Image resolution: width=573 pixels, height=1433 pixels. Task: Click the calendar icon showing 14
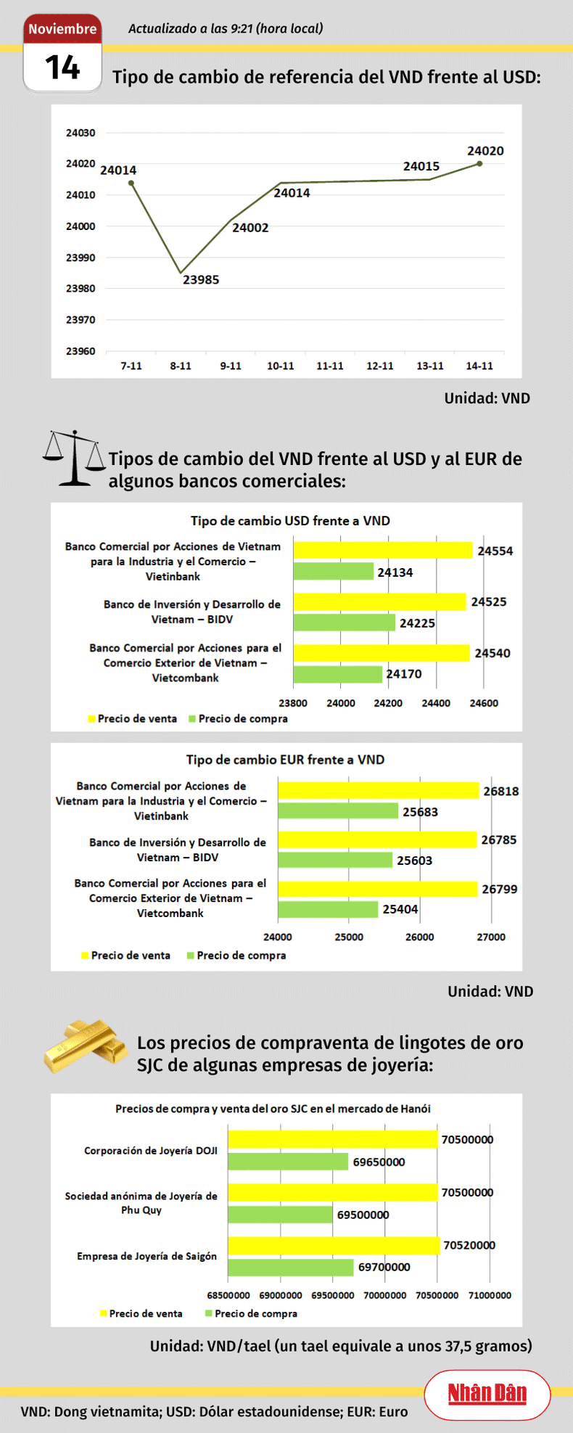click(62, 54)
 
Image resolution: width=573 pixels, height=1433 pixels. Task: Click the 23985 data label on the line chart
click(201, 280)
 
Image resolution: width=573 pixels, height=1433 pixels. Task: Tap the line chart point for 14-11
click(479, 164)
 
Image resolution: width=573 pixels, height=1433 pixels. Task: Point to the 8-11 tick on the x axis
click(181, 366)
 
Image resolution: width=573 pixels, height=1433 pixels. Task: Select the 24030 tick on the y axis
click(81, 134)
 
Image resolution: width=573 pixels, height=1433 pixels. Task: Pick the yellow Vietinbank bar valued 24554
click(383, 551)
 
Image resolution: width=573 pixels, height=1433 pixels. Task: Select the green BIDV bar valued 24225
click(345, 623)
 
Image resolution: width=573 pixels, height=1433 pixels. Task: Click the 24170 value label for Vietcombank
click(404, 674)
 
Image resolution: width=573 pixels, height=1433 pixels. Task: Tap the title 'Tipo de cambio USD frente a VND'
click(290, 521)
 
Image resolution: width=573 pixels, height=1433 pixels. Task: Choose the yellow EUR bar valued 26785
click(377, 840)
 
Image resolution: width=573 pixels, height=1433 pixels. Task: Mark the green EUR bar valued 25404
click(328, 909)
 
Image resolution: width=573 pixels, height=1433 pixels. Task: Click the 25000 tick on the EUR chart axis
click(349, 937)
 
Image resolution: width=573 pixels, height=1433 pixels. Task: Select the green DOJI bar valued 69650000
click(289, 1162)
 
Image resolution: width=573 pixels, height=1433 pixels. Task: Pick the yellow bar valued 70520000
click(334, 1245)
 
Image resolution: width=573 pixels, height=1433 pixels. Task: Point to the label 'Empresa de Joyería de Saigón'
click(147, 1257)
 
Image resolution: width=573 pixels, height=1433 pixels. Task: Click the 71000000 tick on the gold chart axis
click(490, 1295)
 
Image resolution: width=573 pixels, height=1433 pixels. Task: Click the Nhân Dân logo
click(487, 1394)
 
